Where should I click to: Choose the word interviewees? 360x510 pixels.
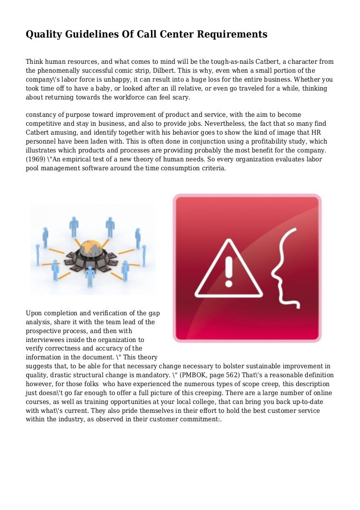(47, 339)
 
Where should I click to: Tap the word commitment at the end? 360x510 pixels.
(202, 419)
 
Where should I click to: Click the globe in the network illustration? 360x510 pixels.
(91, 248)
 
